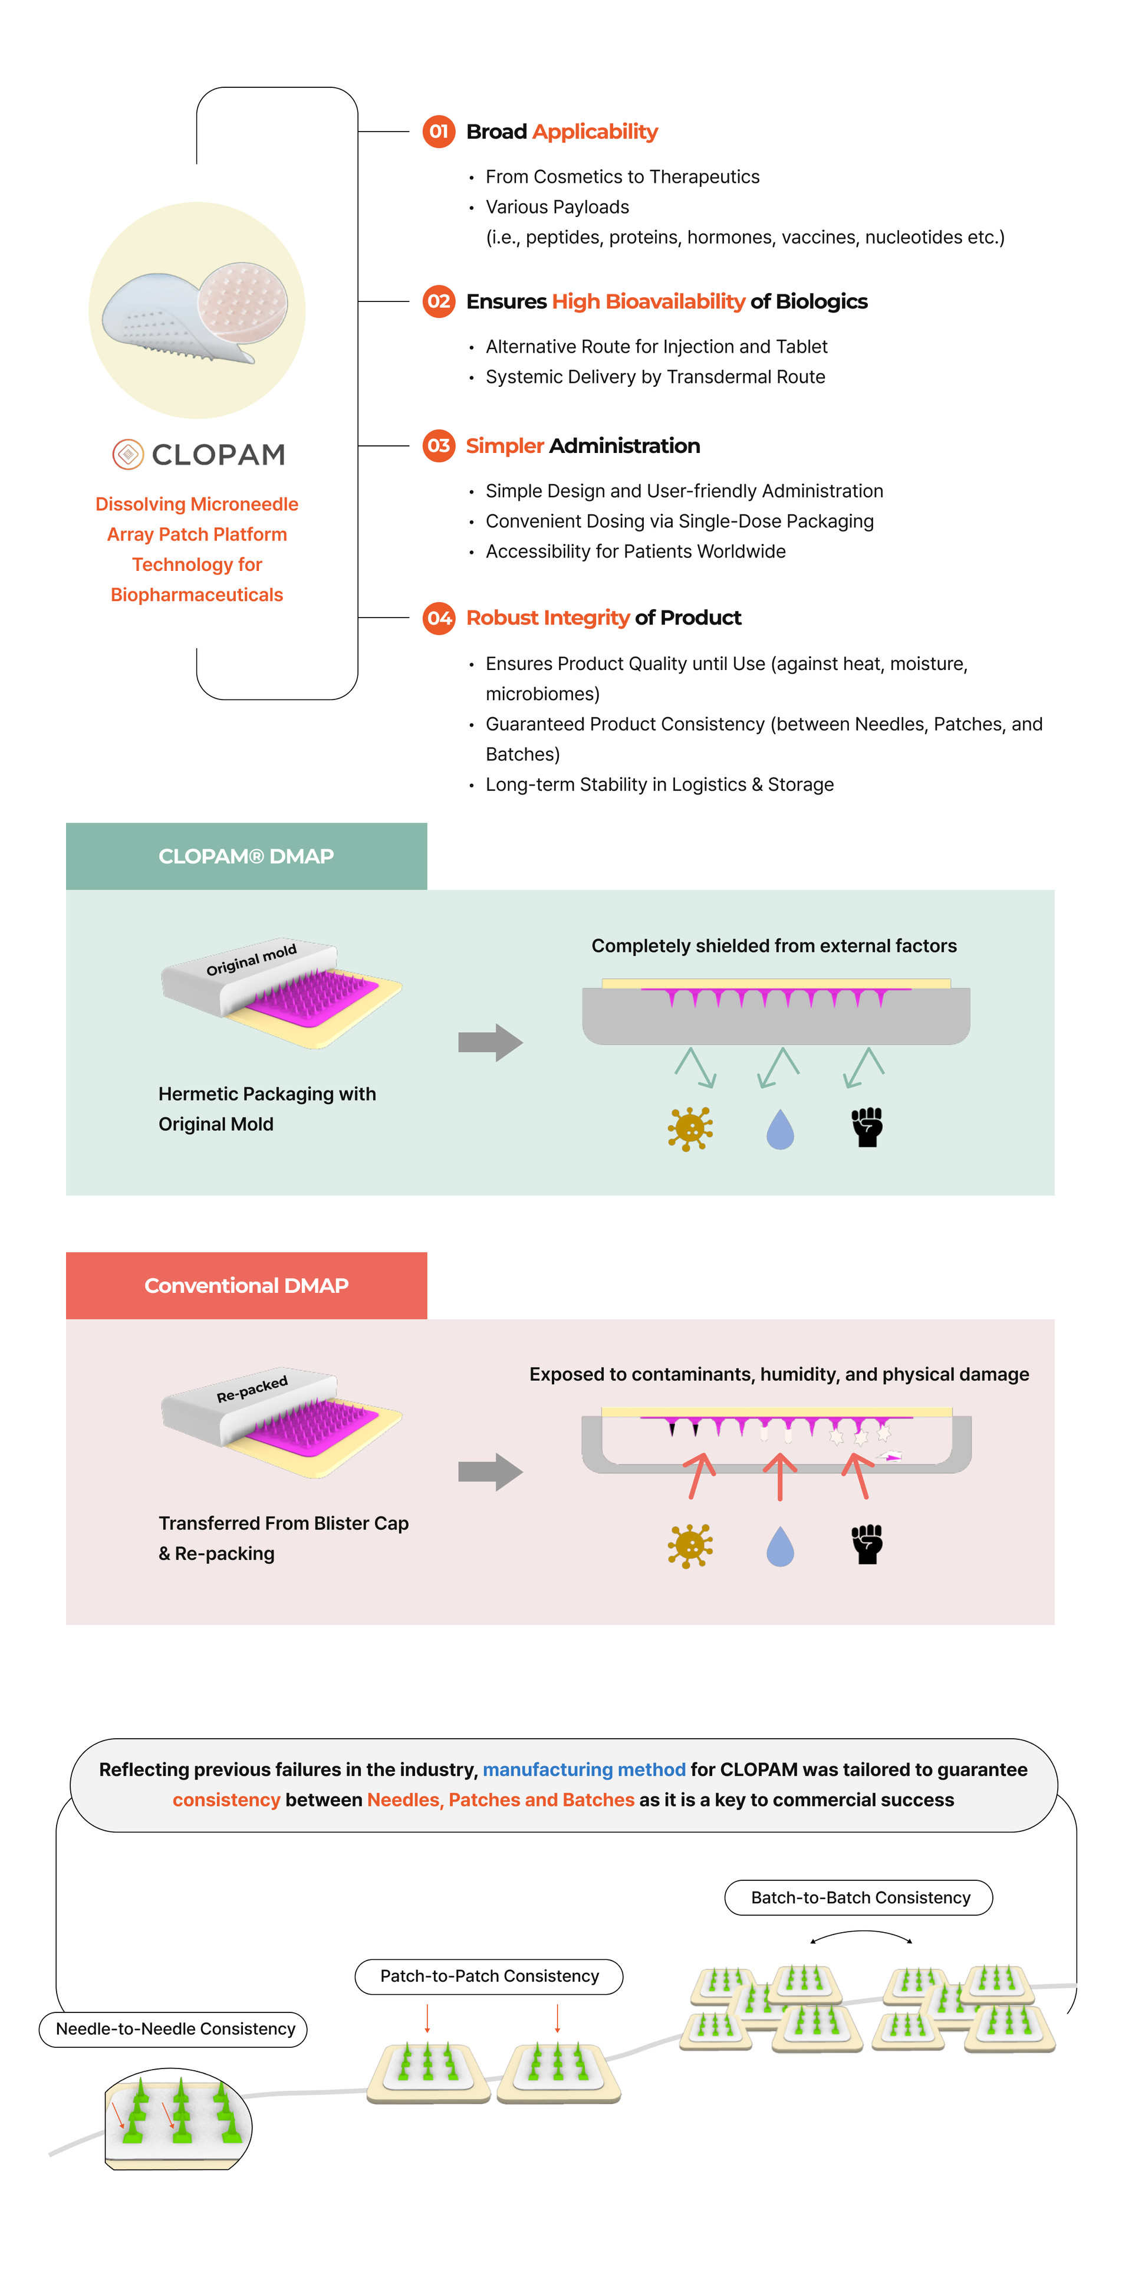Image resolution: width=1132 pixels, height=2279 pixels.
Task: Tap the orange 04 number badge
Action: pos(439,618)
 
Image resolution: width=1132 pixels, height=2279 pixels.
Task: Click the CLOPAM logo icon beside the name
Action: pos(129,455)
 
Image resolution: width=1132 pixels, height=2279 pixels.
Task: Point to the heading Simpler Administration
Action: pos(582,446)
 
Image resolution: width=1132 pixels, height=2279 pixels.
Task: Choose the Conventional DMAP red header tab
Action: pos(246,1286)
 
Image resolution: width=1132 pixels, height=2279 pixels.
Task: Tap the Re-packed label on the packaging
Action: pos(252,1388)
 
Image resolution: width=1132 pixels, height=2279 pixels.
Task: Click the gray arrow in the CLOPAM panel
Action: pos(490,1042)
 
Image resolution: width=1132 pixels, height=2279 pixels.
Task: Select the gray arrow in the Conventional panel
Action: pos(490,1471)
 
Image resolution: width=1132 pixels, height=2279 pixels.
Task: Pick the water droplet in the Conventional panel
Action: pos(779,1545)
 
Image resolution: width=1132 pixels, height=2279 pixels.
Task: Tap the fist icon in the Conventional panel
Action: pos(867,1544)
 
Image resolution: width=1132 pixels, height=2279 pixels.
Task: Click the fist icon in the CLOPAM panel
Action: pos(867,1127)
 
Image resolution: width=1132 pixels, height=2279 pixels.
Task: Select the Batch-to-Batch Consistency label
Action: pos(858,1898)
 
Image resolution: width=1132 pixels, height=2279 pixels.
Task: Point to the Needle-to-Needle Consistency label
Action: pos(175,2029)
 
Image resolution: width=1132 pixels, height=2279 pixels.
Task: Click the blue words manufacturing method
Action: pos(584,1769)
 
